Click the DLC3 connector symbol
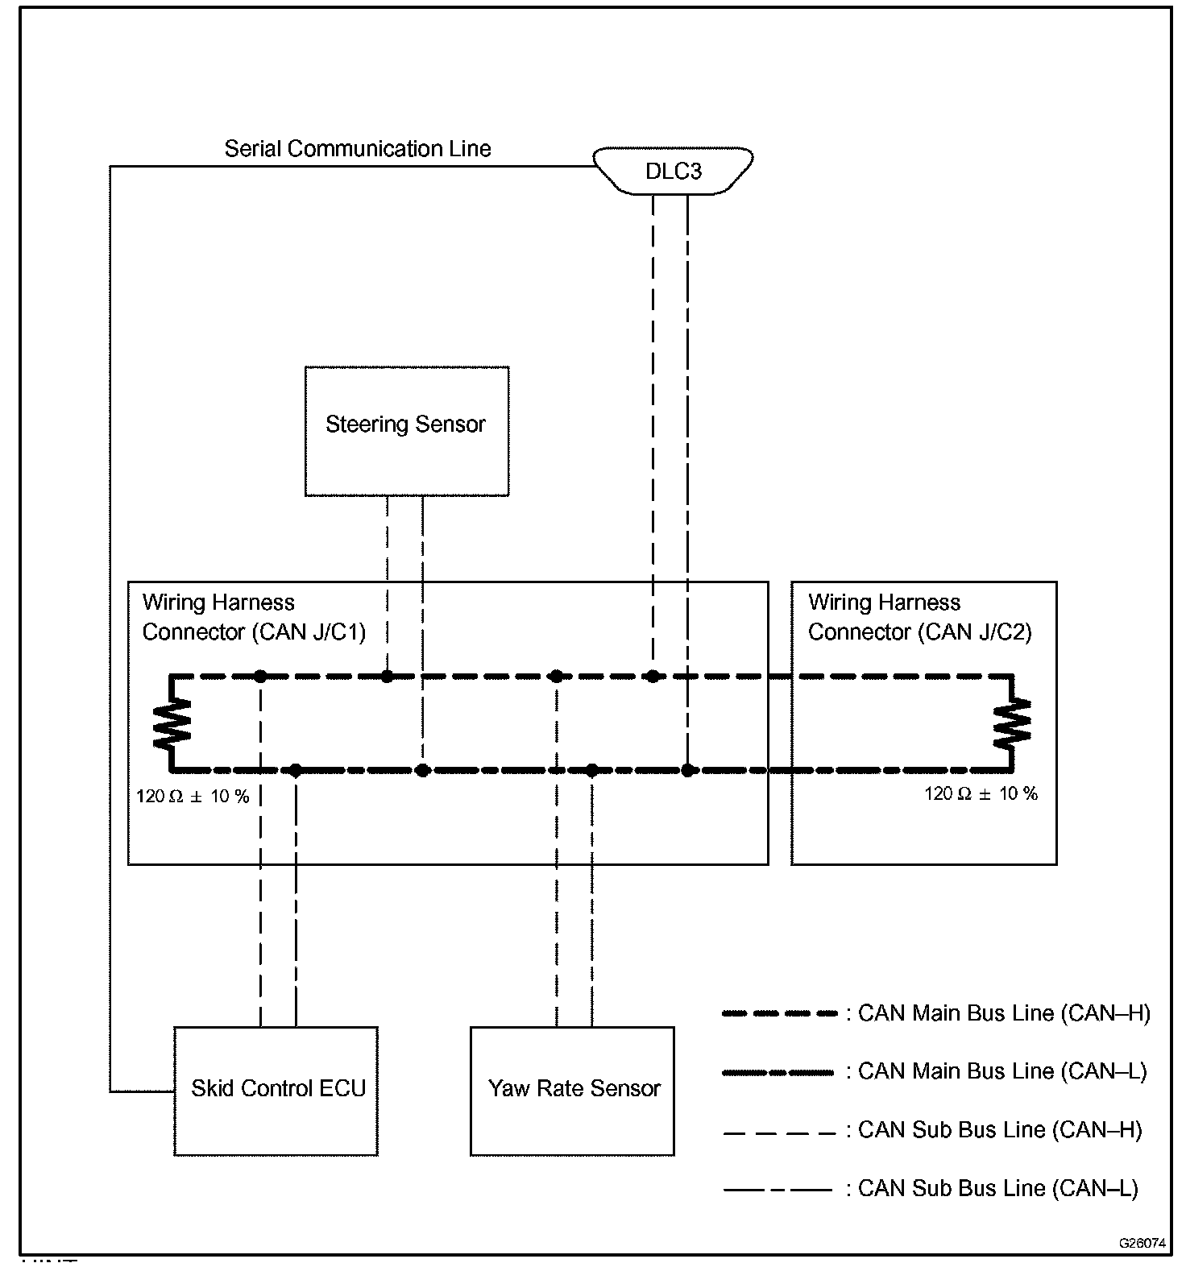tap(674, 171)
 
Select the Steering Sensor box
tap(406, 431)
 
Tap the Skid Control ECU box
tap(276, 1091)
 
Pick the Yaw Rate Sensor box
tap(572, 1091)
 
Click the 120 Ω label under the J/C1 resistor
tap(193, 797)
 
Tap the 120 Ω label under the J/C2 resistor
tap(981, 794)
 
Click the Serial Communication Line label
tap(357, 149)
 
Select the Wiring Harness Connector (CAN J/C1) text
tap(254, 617)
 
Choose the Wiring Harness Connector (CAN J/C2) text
tap(919, 617)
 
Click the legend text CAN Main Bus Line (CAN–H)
tap(1004, 1013)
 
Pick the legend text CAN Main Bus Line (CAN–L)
tap(1002, 1071)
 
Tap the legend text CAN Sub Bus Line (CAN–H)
tap(1000, 1130)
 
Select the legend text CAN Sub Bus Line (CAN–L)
tap(997, 1188)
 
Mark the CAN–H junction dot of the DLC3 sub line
tap(653, 676)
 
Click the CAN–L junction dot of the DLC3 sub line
tap(687, 770)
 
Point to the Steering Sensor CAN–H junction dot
tap(387, 676)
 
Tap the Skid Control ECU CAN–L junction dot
tap(296, 770)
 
